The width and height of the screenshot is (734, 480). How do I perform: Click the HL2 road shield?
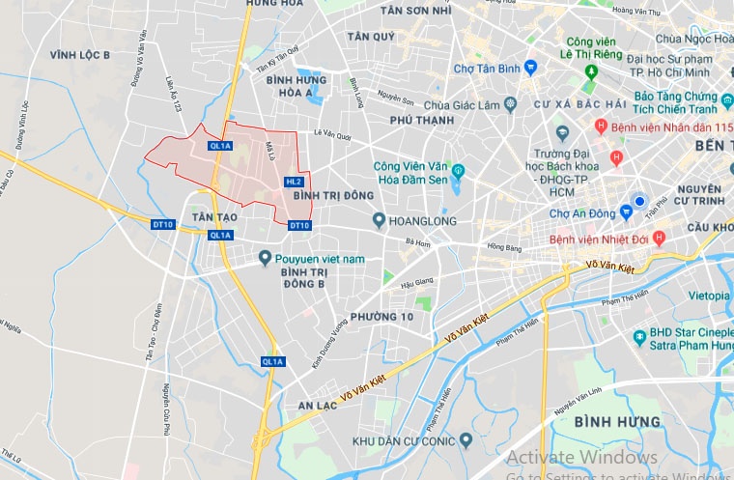point(295,182)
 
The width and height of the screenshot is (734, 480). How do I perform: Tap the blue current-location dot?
point(637,201)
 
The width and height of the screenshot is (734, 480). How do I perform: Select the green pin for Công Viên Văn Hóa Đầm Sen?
point(458,172)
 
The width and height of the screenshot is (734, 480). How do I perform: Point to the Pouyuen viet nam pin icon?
point(265,258)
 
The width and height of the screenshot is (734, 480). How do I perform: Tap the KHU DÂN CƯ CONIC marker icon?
point(466,441)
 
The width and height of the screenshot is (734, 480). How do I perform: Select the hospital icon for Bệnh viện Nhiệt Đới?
point(659,238)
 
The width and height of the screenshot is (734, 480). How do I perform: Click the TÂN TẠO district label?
point(213,218)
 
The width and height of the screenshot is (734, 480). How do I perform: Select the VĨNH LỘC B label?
point(80,56)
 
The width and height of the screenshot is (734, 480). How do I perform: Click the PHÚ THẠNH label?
point(421,121)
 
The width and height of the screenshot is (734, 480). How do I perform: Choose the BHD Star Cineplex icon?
point(638,337)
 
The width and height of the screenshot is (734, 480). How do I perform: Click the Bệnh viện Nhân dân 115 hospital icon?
point(601,127)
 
